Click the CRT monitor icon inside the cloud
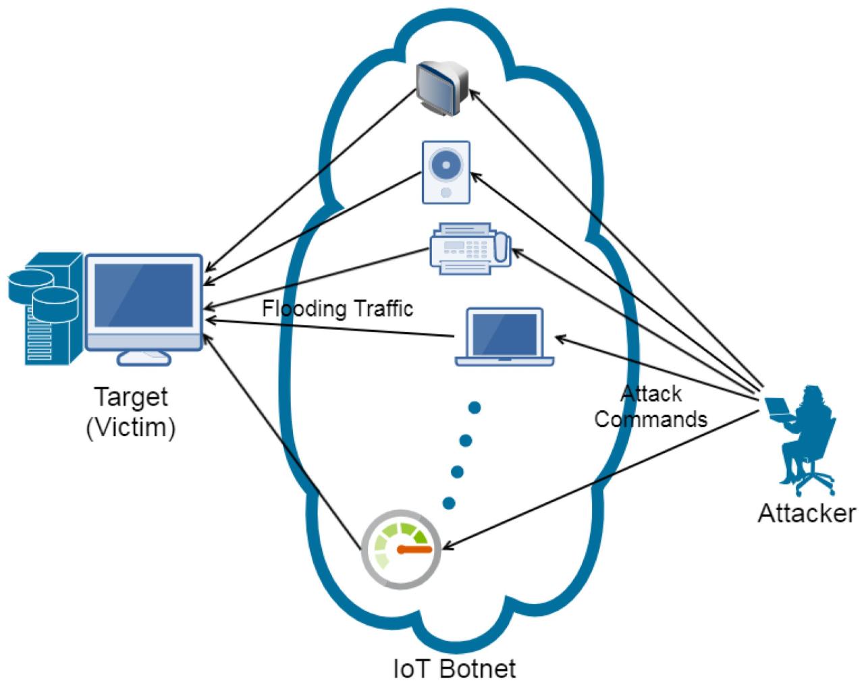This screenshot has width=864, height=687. [442, 87]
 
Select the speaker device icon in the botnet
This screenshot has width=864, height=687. [446, 171]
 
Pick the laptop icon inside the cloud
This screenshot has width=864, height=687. [505, 337]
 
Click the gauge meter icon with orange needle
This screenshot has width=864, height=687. [402, 548]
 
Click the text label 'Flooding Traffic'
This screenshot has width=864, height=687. [337, 309]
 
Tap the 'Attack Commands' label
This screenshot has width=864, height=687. [651, 406]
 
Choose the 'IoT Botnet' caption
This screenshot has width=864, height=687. [454, 669]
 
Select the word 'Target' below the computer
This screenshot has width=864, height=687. [130, 396]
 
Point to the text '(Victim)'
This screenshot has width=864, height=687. [130, 427]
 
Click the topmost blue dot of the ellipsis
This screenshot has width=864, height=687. [475, 407]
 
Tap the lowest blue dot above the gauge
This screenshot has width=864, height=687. [448, 502]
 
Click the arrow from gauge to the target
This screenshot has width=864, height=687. [283, 439]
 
